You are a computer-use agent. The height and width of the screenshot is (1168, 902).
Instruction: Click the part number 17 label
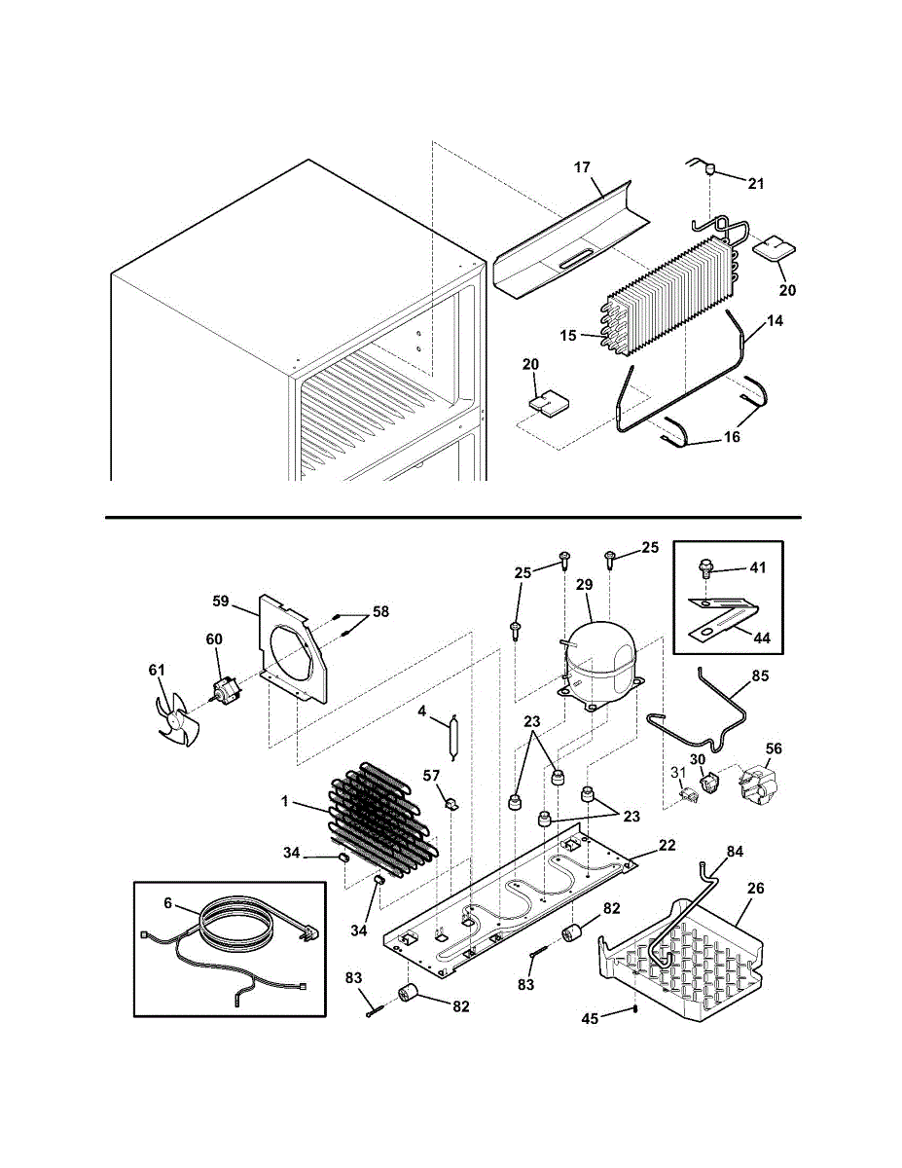point(582,167)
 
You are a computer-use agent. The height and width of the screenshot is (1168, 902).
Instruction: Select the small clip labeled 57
point(451,803)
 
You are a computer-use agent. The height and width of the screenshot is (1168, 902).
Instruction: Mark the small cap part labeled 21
point(710,170)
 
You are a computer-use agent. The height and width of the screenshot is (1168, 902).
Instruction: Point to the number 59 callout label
point(222,601)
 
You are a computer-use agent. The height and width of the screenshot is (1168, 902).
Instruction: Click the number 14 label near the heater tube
point(775,319)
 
